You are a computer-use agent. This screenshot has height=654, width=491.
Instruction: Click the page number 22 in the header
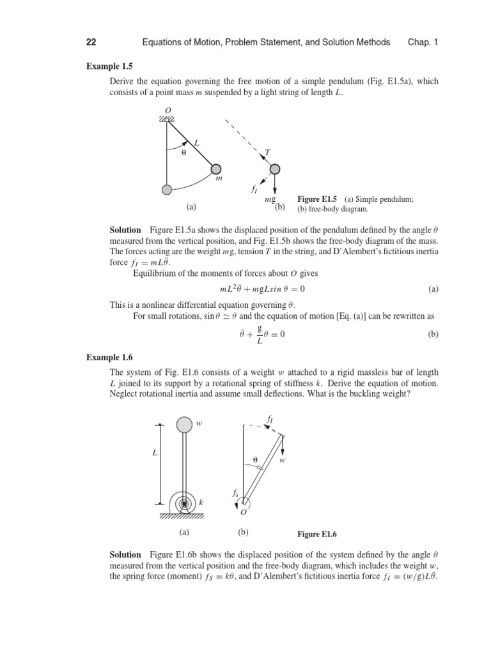tap(91, 42)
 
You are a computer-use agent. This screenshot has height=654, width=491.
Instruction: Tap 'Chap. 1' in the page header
tap(423, 42)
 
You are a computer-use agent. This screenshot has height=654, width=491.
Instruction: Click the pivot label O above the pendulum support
tap(168, 109)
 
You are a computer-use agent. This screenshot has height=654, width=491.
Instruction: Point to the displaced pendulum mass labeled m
tap(216, 169)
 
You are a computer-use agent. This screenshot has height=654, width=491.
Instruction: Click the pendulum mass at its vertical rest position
tap(168, 190)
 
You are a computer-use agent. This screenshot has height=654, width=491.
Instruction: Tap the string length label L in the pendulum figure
tap(197, 145)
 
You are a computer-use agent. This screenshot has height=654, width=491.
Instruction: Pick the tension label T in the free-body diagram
tap(267, 153)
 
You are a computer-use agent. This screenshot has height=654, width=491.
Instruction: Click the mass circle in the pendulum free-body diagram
tap(274, 169)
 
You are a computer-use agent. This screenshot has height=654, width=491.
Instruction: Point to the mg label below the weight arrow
tap(269, 200)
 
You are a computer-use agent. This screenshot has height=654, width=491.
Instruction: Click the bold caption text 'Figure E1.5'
tap(316, 199)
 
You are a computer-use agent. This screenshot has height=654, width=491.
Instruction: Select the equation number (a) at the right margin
tap(433, 289)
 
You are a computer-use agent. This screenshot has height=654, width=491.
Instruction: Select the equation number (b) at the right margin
tap(433, 333)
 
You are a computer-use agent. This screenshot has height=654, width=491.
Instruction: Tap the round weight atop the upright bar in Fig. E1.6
tap(184, 424)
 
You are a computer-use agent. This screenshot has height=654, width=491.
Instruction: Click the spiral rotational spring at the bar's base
tap(184, 504)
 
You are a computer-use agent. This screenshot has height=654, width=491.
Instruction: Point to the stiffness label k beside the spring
tap(201, 503)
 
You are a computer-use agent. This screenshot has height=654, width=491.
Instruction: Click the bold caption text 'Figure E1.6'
tap(316, 534)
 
